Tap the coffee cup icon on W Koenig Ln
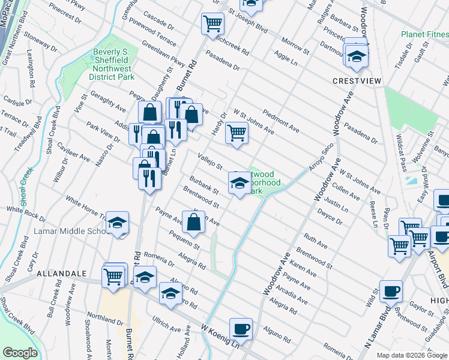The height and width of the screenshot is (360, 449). [241, 329]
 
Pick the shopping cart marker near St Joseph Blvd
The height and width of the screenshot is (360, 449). [212, 23]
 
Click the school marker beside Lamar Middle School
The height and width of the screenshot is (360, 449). [118, 223]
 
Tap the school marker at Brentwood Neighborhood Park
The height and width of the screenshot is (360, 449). [239, 183]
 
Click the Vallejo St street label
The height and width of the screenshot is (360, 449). [211, 160]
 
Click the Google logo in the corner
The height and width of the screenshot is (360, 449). [20, 353]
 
